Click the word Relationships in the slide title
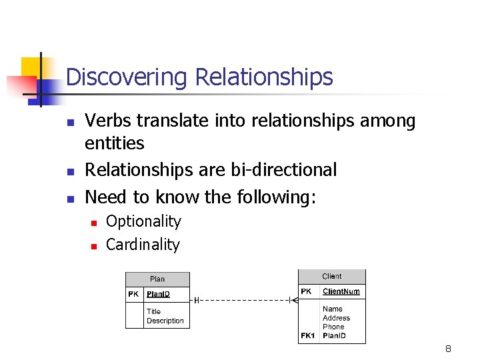coord(263,77)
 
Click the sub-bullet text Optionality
coord(143,221)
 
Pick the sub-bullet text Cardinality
coord(143,245)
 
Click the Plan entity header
coord(157,279)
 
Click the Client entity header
coord(331,276)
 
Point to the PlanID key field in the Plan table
coord(158,294)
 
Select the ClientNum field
coord(341,291)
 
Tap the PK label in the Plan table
coord(134,294)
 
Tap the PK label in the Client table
coord(306,291)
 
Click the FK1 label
coord(307,335)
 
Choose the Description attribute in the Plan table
coord(165,321)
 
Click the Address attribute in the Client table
coord(336,318)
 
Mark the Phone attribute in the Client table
coord(333,327)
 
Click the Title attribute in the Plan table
coord(153,311)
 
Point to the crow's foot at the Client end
coord(292,301)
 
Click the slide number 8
coord(448,349)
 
